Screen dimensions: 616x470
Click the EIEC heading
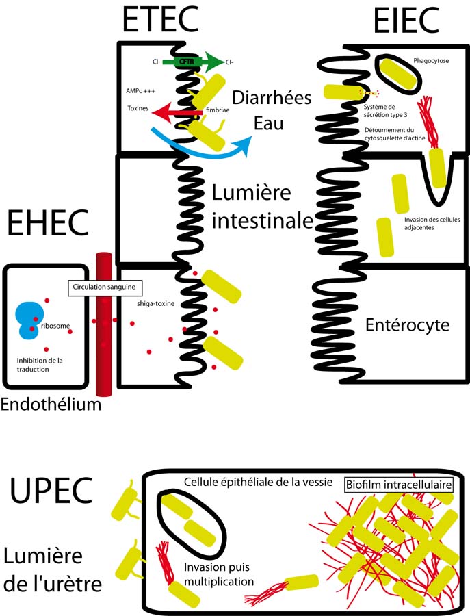tap(407, 21)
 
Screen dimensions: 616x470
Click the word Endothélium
tap(51, 405)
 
